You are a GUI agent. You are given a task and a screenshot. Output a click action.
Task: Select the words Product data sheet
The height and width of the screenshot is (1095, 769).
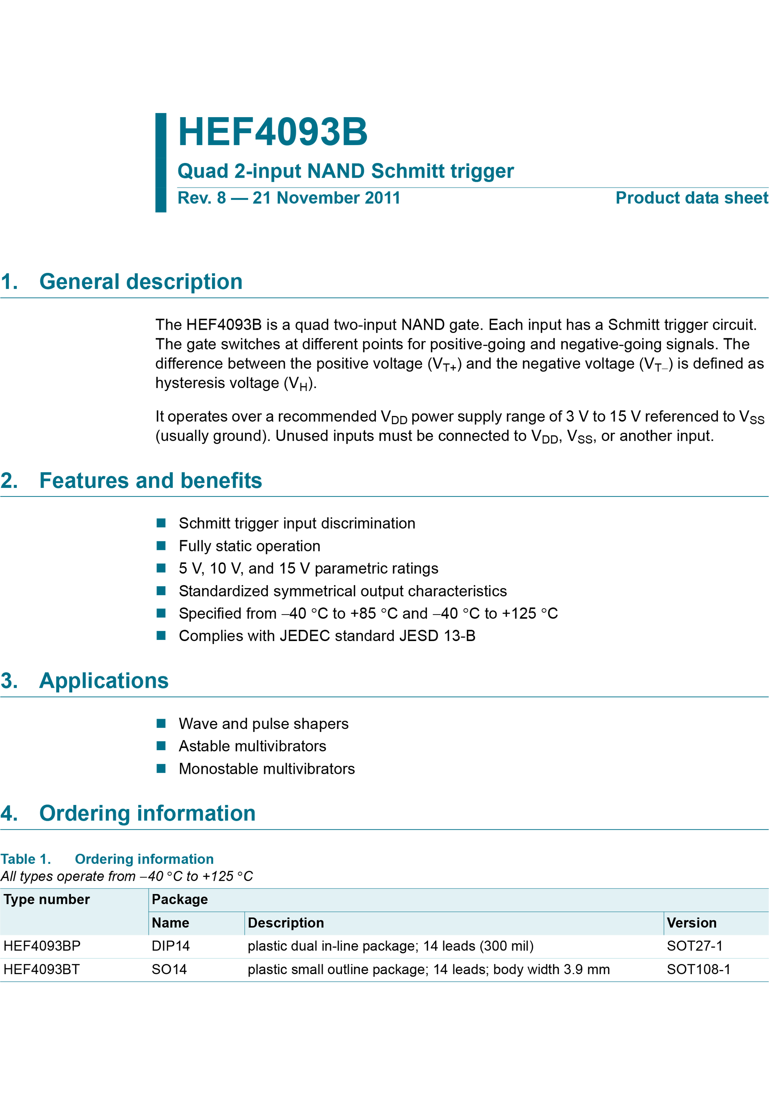[691, 198]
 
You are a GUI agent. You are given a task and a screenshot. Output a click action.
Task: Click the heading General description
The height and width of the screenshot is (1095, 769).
[141, 281]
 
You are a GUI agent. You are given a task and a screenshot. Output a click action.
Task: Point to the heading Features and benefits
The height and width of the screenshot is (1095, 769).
[150, 480]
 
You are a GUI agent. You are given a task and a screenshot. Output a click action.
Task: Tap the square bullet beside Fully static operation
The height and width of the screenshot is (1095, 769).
[161, 545]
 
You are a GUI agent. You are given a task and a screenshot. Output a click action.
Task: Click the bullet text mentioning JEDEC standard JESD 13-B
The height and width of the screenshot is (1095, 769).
[327, 636]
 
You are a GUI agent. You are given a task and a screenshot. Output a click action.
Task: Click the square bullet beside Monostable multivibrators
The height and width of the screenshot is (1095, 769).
[161, 768]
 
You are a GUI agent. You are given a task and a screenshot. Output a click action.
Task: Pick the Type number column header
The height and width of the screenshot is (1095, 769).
[47, 899]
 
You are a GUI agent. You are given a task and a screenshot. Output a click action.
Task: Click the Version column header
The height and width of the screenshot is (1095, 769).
[691, 923]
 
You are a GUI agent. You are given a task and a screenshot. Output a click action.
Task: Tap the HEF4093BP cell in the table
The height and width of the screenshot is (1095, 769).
[42, 946]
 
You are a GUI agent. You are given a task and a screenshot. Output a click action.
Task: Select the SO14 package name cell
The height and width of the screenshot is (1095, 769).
[169, 970]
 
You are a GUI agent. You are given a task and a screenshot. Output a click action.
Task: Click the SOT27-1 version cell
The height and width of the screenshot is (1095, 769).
[695, 946]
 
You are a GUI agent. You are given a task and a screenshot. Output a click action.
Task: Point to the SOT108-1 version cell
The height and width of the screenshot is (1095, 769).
[698, 970]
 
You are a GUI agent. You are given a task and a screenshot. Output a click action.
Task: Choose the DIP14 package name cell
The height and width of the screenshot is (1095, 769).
[171, 946]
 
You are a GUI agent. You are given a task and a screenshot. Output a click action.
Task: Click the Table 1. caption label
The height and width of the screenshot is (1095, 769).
[26, 859]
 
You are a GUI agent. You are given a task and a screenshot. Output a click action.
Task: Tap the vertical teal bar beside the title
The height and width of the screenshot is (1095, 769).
[161, 163]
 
